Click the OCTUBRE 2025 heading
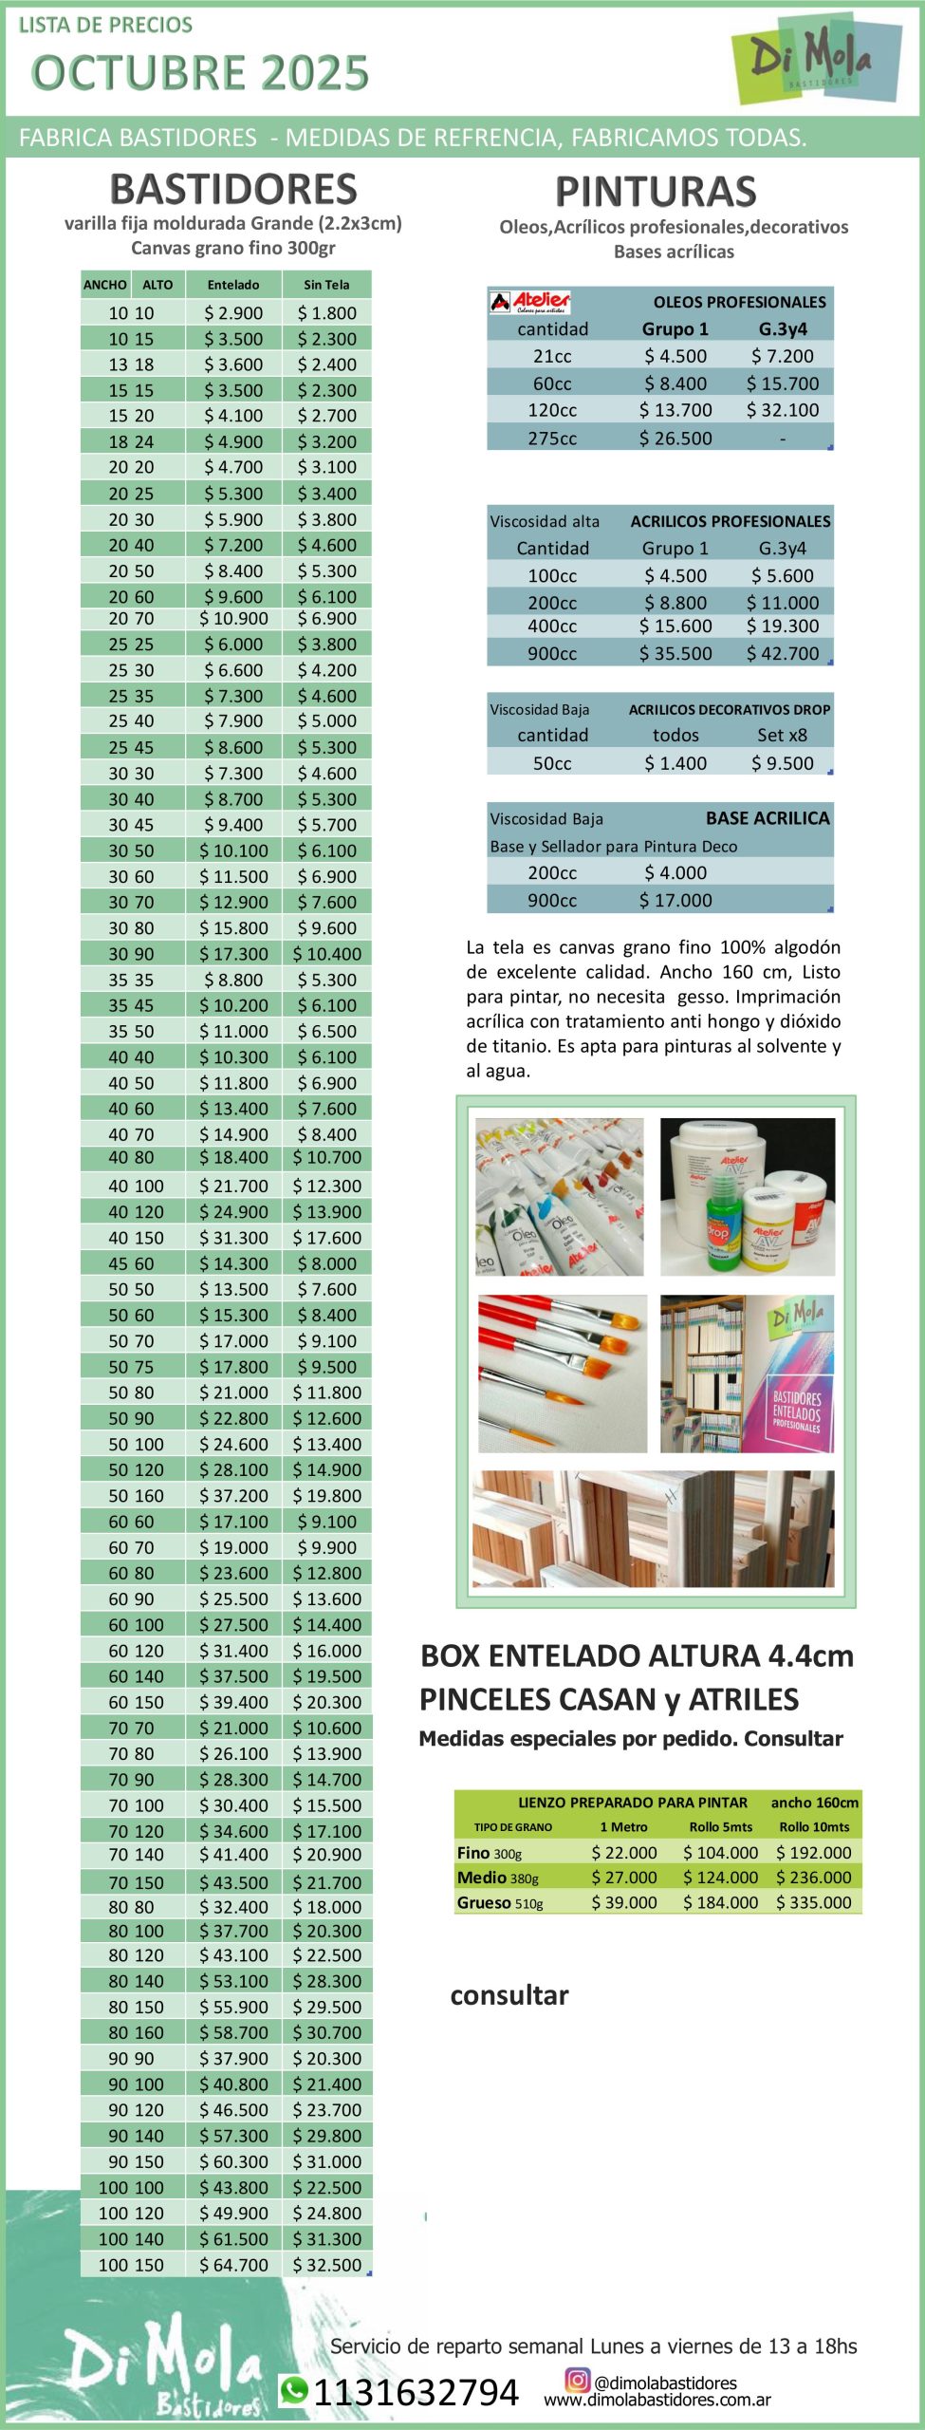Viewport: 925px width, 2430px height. tap(199, 73)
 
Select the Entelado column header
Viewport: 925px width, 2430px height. tap(233, 285)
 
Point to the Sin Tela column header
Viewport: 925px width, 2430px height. tap(326, 285)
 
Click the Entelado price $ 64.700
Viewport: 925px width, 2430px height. tap(233, 2265)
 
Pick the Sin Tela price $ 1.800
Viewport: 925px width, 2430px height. tap(326, 313)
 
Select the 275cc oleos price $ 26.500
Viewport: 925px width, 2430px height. tap(675, 439)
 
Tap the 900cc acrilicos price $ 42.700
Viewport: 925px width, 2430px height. tap(783, 653)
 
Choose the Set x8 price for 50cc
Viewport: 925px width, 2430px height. tap(783, 763)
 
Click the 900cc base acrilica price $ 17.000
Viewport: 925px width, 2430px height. tap(675, 900)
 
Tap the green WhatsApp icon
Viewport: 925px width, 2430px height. tap(294, 2390)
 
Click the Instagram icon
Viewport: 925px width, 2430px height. tap(577, 2379)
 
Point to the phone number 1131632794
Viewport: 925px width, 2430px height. tap(416, 2393)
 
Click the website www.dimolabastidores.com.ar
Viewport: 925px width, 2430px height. tap(657, 2401)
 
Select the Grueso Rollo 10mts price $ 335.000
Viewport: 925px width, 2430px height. tap(814, 1902)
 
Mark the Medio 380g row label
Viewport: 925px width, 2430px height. tap(498, 1878)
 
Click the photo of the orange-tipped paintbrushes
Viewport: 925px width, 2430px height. tap(562, 1374)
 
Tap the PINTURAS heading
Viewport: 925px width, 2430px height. tap(656, 192)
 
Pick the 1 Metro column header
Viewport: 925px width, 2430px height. tap(623, 1827)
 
